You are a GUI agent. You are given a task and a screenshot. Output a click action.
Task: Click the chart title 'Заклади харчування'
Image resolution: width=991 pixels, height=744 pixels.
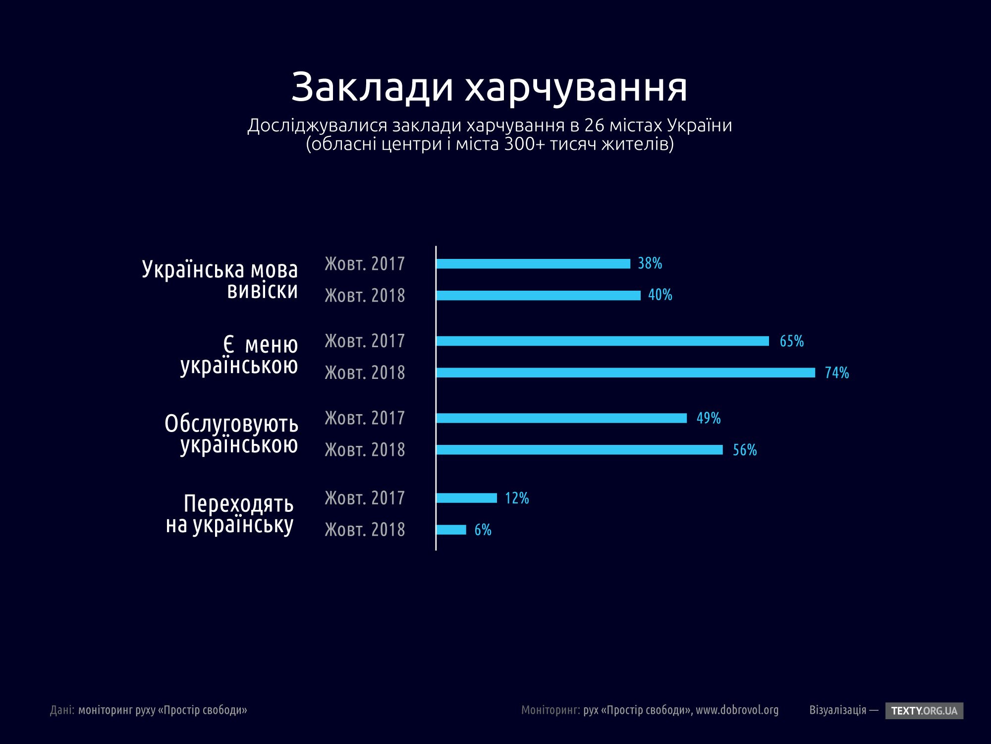(489, 87)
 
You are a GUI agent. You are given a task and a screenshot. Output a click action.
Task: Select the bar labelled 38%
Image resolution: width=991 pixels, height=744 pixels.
(533, 264)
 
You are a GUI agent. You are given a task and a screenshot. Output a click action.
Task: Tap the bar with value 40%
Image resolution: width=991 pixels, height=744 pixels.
(538, 296)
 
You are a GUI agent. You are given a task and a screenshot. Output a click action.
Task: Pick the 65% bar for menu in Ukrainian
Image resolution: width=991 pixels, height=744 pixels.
(603, 341)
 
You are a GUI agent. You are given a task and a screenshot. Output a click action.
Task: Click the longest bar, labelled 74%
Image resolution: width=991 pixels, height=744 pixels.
(625, 372)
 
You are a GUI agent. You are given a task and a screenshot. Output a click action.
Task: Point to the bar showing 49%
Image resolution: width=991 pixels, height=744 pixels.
(561, 418)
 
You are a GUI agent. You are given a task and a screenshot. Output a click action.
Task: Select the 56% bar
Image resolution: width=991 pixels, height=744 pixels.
(579, 450)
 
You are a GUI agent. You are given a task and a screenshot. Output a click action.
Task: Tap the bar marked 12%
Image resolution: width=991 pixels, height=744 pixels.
(466, 498)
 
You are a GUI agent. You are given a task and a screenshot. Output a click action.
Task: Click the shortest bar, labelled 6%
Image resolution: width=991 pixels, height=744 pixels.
(451, 530)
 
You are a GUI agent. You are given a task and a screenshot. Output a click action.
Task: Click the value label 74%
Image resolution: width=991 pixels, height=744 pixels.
(836, 372)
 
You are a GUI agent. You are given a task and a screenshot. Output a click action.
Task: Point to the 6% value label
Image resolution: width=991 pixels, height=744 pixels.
(483, 530)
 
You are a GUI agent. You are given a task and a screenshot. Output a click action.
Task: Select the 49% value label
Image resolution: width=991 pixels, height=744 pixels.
(708, 418)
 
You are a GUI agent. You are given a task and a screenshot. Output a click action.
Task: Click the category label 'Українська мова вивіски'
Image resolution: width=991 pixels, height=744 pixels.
(220, 280)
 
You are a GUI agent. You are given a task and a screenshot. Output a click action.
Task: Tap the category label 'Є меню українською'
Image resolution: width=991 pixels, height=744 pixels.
(239, 355)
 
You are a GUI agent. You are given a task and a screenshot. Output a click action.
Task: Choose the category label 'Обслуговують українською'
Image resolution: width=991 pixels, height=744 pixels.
(231, 434)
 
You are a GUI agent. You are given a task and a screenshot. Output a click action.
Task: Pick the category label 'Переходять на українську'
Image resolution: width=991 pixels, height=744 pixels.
(230, 514)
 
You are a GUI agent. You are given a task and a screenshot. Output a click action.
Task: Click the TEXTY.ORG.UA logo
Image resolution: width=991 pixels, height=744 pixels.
(924, 710)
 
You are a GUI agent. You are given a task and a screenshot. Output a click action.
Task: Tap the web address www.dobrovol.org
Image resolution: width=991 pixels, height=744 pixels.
(737, 710)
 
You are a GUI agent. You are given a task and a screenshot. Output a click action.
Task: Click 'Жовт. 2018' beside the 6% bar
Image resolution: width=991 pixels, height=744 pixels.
(365, 530)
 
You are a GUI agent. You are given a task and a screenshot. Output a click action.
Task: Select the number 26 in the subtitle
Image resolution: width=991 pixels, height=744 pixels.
(594, 125)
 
